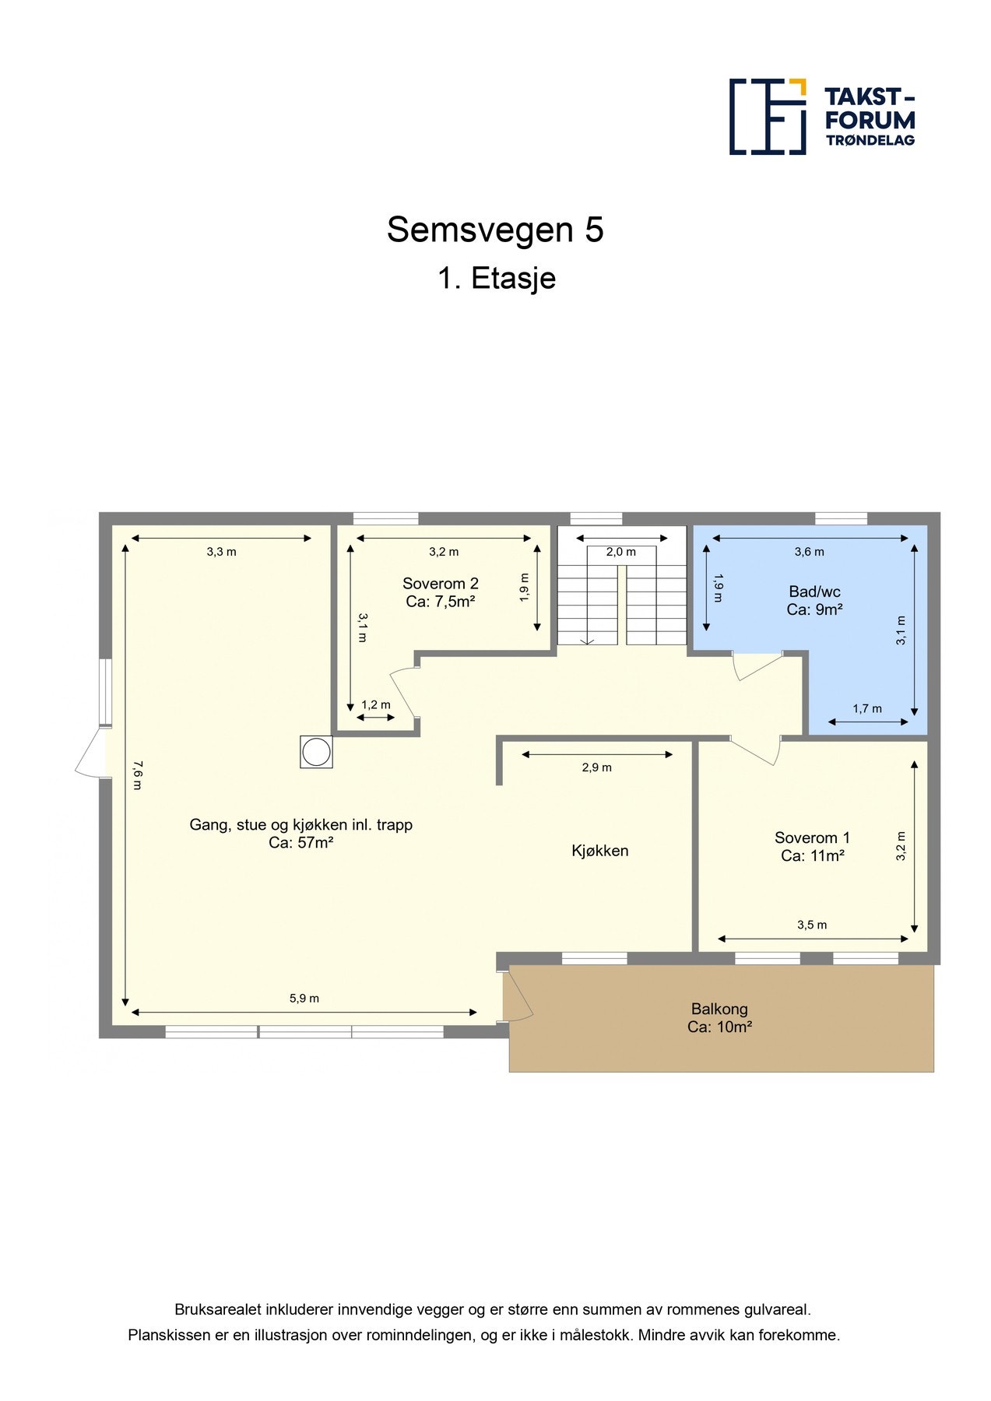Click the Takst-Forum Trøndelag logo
pyautogui.click(x=821, y=117)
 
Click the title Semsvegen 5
pyautogui.click(x=495, y=230)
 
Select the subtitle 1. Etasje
pyautogui.click(x=496, y=279)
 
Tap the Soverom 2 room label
pyautogui.click(x=440, y=592)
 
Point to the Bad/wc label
pyautogui.click(x=814, y=600)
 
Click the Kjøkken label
pyautogui.click(x=599, y=851)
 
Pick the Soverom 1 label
pyautogui.click(x=812, y=847)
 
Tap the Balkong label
pyautogui.click(x=719, y=1017)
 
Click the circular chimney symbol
pyautogui.click(x=316, y=753)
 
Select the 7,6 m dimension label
pyautogui.click(x=137, y=775)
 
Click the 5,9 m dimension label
pyautogui.click(x=304, y=999)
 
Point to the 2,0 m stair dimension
pyautogui.click(x=620, y=552)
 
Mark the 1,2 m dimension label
pyautogui.click(x=375, y=705)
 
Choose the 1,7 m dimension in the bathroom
pyautogui.click(x=866, y=708)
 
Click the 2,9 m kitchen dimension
pyautogui.click(x=596, y=767)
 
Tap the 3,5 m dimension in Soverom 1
pyautogui.click(x=811, y=925)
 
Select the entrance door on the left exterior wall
pyautogui.click(x=90, y=753)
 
